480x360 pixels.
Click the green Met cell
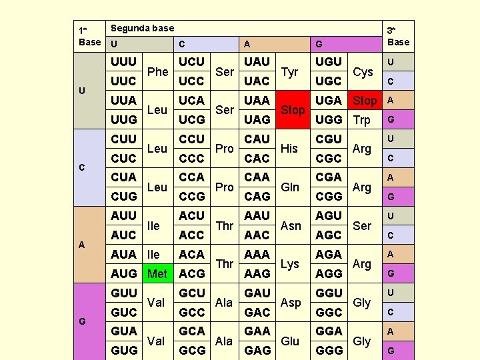point(157,273)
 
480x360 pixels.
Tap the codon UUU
point(124,61)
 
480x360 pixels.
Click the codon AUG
point(124,273)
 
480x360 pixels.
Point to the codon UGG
point(329,119)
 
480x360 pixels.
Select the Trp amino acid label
point(362,120)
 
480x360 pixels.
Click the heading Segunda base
point(142,28)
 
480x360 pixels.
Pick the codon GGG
point(329,350)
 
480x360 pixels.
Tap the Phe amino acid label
point(157,71)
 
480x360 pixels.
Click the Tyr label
point(290,71)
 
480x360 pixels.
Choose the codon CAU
point(257,139)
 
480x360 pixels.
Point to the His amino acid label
point(289,148)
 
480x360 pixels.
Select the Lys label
point(290,264)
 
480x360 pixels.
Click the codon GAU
point(257,293)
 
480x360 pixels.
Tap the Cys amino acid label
point(363,71)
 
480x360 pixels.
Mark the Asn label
point(291,225)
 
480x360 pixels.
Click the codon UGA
point(329,100)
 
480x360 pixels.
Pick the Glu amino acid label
point(290,341)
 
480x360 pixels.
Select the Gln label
point(290,187)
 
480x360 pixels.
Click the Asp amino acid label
point(291,303)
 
